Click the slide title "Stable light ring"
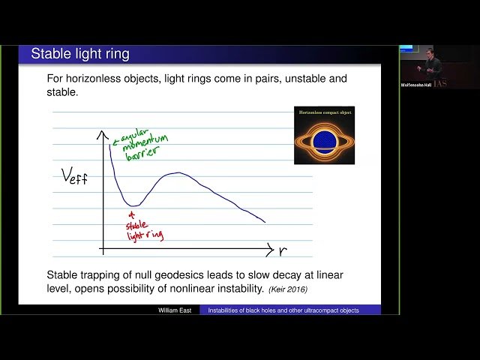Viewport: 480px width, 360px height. (79, 54)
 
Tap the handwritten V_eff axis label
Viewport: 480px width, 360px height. (76, 178)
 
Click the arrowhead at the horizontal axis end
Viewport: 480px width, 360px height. (269, 247)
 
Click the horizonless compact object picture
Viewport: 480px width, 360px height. (323, 135)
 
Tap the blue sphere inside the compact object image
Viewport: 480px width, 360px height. (323, 140)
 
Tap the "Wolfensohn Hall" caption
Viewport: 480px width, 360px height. (415, 85)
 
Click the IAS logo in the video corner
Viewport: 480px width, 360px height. (440, 83)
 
